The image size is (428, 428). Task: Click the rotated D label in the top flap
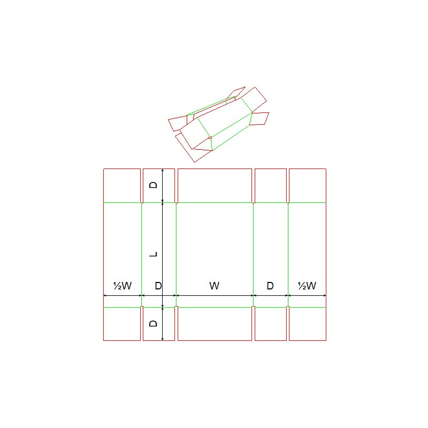click(x=153, y=185)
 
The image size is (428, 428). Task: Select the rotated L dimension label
click(x=154, y=255)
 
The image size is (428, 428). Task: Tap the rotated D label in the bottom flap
click(x=153, y=324)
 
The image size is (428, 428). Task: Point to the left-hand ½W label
click(x=123, y=286)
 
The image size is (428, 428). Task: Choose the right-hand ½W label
click(x=307, y=286)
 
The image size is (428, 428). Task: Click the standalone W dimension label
click(x=215, y=286)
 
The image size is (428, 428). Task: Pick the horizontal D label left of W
click(x=158, y=286)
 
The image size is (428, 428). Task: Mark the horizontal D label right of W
click(x=270, y=286)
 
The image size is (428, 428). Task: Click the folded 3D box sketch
click(x=218, y=124)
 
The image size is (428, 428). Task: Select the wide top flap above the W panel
click(x=215, y=186)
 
